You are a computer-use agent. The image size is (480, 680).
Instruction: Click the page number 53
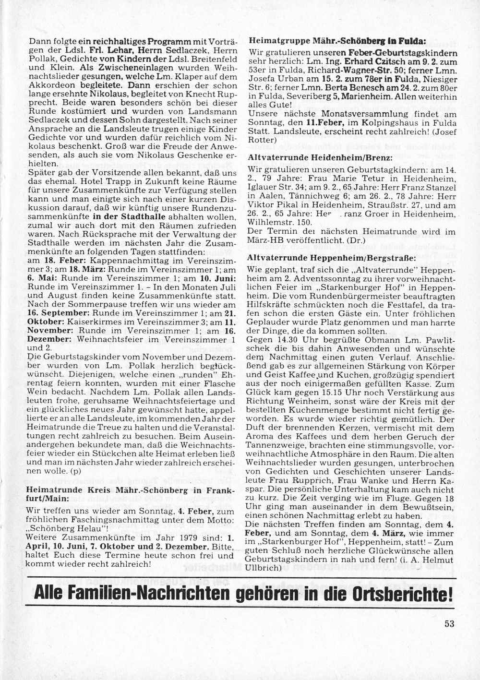(449, 624)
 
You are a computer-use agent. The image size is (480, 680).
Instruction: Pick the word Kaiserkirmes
(84, 321)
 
